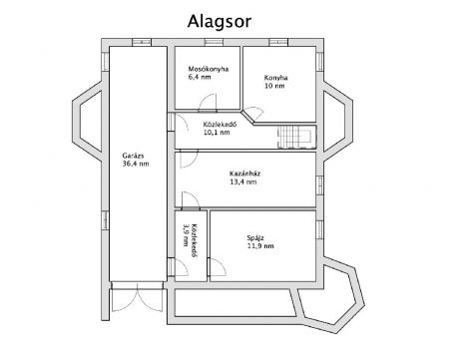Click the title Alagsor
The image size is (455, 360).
220,22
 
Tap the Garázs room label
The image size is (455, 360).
133,156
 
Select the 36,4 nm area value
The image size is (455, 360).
136,164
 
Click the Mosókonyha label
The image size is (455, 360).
209,69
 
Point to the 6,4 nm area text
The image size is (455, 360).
200,77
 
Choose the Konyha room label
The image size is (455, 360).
275,78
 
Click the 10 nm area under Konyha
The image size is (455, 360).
274,86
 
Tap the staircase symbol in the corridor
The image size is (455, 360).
297,137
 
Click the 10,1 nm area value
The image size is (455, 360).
217,133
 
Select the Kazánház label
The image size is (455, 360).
244,174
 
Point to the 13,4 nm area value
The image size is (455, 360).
243,181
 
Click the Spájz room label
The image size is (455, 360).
255,238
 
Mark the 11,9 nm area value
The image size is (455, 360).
260,246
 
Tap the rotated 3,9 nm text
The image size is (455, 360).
186,235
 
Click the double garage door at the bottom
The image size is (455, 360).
137,297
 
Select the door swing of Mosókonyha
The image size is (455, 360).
208,102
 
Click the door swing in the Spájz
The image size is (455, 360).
217,267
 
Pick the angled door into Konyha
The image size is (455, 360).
253,114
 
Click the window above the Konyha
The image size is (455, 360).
278,42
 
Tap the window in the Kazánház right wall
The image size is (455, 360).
319,185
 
